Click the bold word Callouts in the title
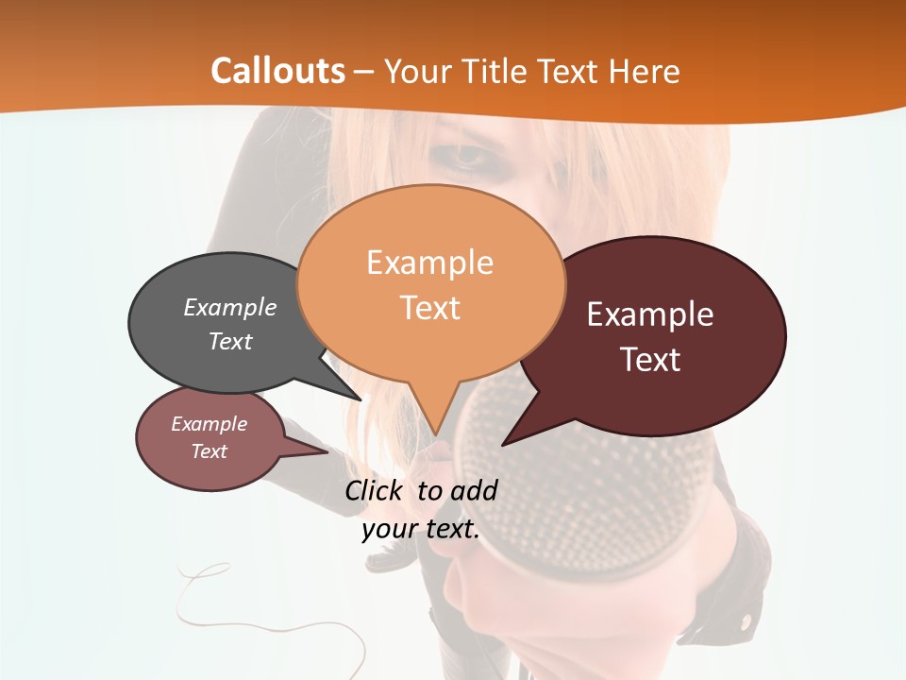277,71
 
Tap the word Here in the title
646,71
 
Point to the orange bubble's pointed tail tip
436,435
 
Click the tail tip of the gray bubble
360,400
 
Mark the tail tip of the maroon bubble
503,445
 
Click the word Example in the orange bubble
429,263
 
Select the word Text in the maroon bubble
650,360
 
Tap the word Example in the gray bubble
230,308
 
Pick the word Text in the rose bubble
210,451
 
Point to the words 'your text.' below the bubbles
421,529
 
